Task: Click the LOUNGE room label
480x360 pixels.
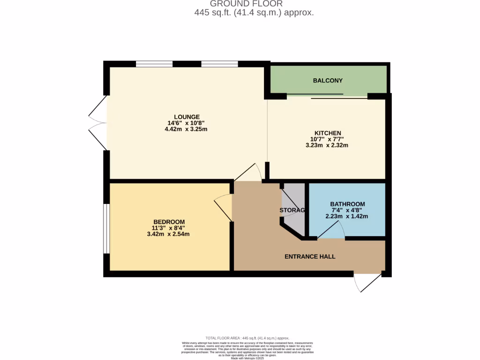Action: point(187,117)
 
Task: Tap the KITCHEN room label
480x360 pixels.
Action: point(328,133)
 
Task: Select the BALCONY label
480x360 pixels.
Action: point(328,80)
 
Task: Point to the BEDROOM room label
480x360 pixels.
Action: point(169,222)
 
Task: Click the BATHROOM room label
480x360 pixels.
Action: point(347,204)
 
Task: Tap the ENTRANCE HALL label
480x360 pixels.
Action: point(310,256)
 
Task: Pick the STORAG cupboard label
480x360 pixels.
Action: point(292,210)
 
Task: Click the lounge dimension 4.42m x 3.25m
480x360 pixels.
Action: point(187,129)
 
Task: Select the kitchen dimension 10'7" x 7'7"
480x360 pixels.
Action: point(328,139)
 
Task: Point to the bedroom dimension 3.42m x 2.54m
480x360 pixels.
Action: point(168,234)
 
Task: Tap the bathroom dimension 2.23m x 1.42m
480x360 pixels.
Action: point(347,217)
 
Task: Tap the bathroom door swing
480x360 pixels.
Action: point(332,230)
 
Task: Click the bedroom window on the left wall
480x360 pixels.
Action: point(106,228)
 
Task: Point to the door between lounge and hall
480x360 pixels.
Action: point(248,173)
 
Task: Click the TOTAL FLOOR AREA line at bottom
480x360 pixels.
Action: point(247,338)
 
